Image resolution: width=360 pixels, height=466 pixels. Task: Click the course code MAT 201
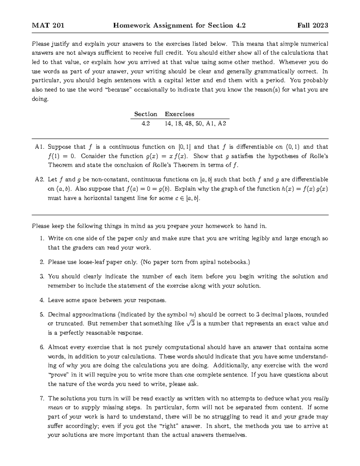pos(48,26)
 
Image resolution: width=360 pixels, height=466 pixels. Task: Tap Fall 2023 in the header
pos(313,26)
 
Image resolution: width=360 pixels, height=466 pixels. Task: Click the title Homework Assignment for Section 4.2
pos(179,26)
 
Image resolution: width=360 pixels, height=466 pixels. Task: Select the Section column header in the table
pos(145,114)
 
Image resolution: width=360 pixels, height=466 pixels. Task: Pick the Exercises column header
pos(179,114)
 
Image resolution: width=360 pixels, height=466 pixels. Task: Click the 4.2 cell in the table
pos(145,123)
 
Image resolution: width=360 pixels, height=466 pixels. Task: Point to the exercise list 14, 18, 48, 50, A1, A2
pos(195,123)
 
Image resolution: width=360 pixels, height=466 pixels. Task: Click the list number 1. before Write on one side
pos(42,239)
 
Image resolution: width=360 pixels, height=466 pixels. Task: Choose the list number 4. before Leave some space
pos(42,300)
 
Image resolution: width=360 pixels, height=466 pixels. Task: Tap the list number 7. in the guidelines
pos(42,398)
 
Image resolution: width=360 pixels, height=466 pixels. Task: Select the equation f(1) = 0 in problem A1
pos(62,156)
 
